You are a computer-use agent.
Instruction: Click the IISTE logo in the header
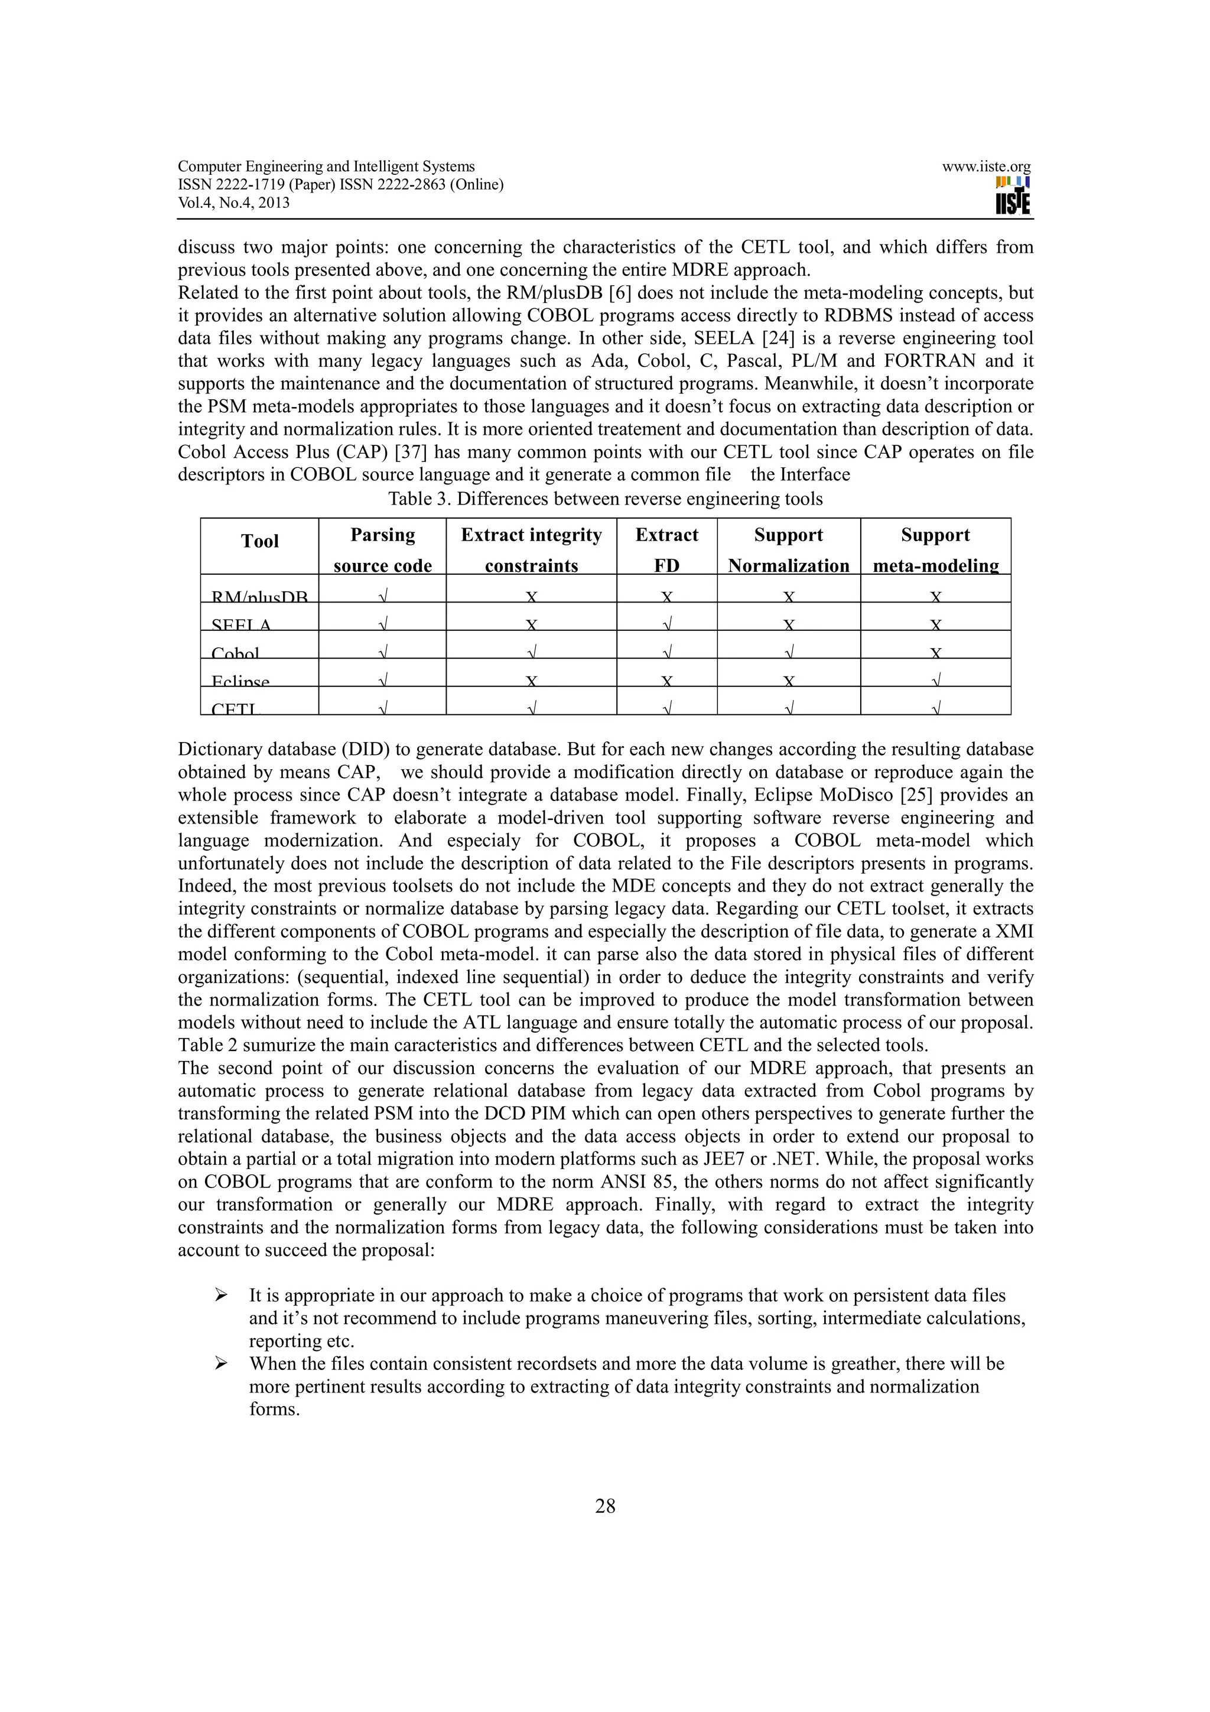(x=1013, y=196)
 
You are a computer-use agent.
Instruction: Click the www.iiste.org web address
(x=985, y=167)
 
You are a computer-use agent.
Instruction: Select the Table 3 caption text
(x=604, y=499)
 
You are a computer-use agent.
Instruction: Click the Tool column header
(x=259, y=541)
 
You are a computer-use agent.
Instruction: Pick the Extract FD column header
(x=666, y=549)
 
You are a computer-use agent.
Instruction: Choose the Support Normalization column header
(x=788, y=549)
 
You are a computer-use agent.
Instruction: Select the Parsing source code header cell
(x=382, y=549)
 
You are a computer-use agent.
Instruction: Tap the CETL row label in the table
(x=234, y=708)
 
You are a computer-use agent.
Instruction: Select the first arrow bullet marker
(x=221, y=1296)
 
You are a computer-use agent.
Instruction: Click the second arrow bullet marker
(x=221, y=1364)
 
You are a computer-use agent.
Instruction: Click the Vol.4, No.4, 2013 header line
(x=233, y=203)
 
